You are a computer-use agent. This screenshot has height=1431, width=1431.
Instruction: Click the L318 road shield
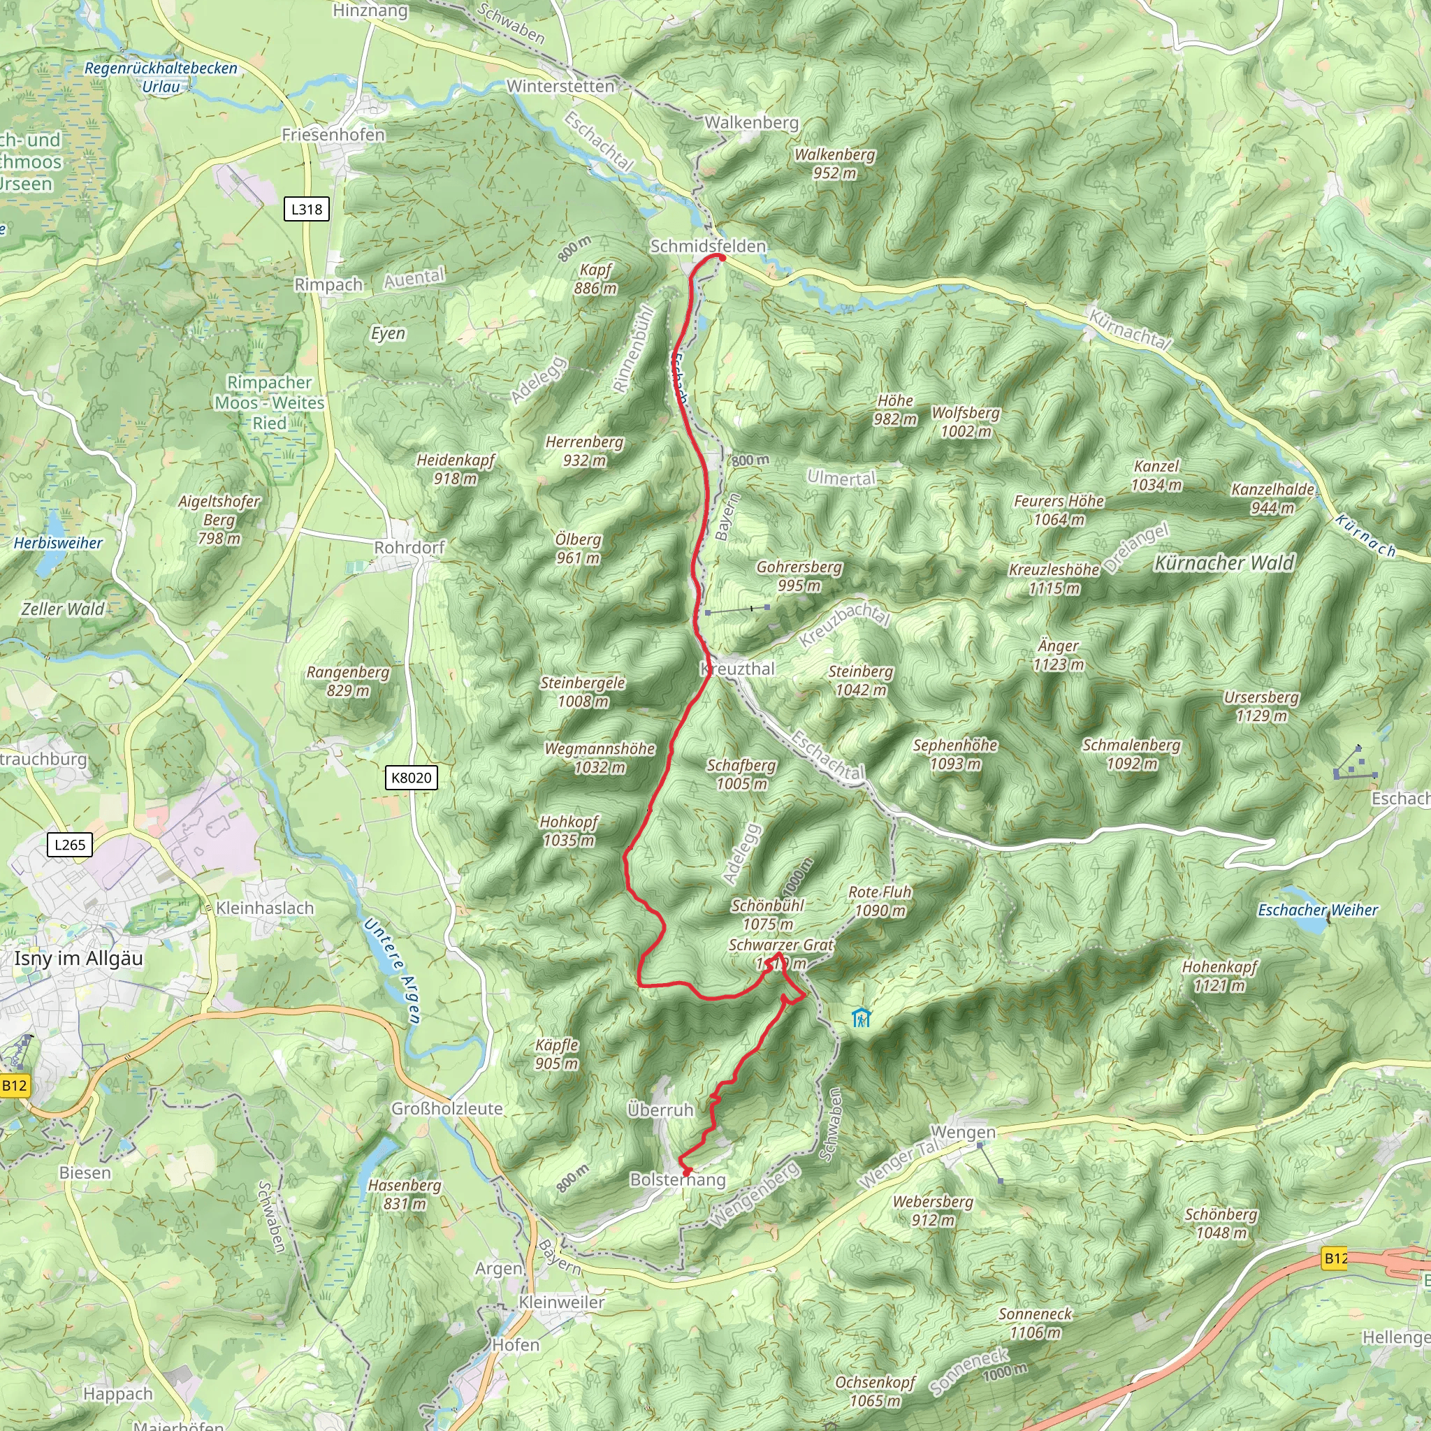(x=307, y=209)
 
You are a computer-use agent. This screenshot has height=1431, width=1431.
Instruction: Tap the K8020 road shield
(x=411, y=778)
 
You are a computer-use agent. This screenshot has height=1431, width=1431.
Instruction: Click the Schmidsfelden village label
(x=707, y=246)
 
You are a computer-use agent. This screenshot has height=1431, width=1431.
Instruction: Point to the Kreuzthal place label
(x=738, y=669)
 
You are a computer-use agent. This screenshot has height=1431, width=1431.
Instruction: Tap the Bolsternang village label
(x=678, y=1179)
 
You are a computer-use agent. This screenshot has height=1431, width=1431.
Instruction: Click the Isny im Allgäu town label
(x=78, y=959)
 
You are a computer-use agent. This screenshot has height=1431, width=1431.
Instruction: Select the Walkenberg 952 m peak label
(x=835, y=164)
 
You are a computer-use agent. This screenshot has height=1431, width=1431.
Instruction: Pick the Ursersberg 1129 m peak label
(x=1261, y=706)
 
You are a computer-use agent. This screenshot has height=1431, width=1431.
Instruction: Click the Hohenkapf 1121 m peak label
(x=1219, y=975)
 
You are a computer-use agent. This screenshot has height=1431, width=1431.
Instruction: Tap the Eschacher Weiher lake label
(x=1318, y=910)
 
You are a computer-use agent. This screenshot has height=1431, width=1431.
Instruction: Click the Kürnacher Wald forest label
(x=1224, y=563)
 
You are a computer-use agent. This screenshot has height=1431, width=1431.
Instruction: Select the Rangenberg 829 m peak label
(x=348, y=681)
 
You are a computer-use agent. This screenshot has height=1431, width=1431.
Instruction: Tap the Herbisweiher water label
(x=59, y=543)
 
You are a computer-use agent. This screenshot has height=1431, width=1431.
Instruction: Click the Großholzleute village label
(x=446, y=1109)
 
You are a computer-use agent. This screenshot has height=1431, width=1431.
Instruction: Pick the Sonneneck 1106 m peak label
(x=1035, y=1323)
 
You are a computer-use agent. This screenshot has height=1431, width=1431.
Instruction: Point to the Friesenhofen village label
(x=333, y=135)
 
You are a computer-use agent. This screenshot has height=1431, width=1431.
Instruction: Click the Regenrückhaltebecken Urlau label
(x=161, y=77)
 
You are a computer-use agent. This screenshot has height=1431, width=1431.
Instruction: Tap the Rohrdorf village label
(x=409, y=547)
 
